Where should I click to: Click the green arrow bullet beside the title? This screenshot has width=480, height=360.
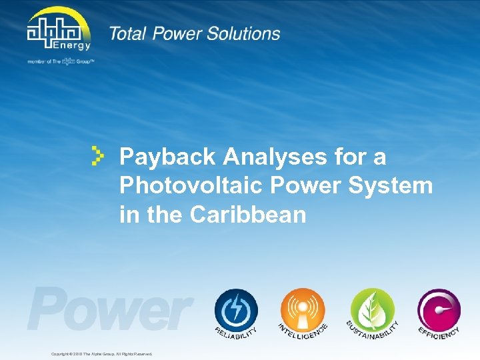(98, 155)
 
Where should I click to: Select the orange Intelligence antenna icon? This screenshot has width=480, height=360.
(302, 309)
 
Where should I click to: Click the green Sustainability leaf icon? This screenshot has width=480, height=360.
(372, 309)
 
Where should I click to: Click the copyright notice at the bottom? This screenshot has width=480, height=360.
(101, 353)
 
